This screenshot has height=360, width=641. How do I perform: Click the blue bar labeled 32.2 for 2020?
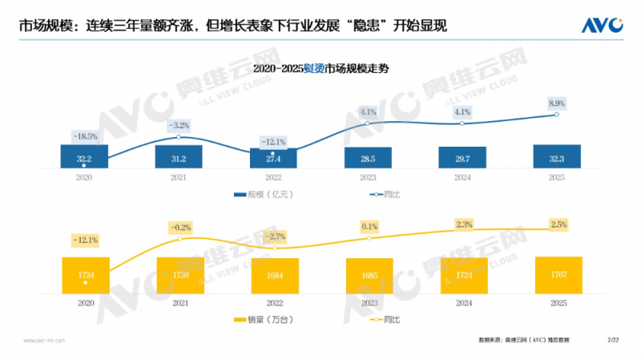coord(85,157)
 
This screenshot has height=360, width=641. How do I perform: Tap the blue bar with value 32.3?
coord(557,157)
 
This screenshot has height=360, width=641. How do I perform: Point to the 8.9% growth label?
coord(556,103)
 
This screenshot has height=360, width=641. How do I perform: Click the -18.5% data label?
coord(85,136)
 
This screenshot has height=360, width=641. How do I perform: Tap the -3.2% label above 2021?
coord(179,125)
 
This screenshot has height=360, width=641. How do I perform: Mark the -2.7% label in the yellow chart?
coord(274,237)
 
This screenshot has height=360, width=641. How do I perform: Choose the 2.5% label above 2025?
coord(557,223)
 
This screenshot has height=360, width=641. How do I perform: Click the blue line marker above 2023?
coord(368,123)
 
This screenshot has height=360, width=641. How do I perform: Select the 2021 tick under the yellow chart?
coord(179,303)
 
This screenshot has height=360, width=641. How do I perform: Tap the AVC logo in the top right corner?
coord(602,26)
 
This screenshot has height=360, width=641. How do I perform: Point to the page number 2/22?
coord(615,341)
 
